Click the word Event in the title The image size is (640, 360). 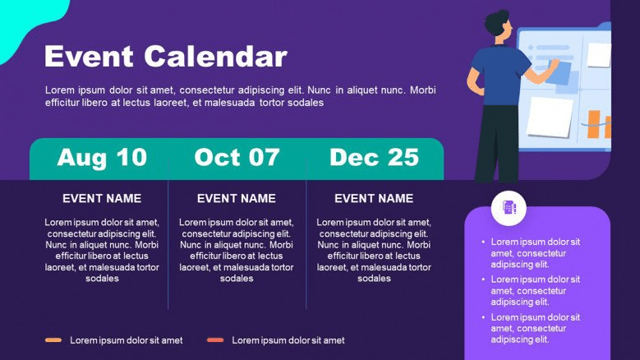tap(89, 56)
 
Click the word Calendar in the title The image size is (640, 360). tap(215, 56)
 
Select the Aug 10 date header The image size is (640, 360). tap(102, 157)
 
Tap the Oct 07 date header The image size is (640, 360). tap(237, 157)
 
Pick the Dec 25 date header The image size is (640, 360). tap(375, 157)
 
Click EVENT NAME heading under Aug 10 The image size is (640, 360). tap(102, 198)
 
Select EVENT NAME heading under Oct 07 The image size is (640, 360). tap(237, 198)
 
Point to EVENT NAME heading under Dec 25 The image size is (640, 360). tap(374, 198)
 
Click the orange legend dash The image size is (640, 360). tap(53, 340)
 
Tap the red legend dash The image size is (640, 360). tap(215, 340)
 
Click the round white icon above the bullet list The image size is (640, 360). tap(509, 208)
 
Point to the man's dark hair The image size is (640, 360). tap(495, 22)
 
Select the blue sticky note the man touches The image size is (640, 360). tap(559, 73)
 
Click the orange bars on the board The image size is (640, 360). tap(598, 124)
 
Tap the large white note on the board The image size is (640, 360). tap(550, 118)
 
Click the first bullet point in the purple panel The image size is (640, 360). tap(535, 253)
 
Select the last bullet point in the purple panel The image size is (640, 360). tap(535, 328)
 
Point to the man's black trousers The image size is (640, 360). tap(497, 143)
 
